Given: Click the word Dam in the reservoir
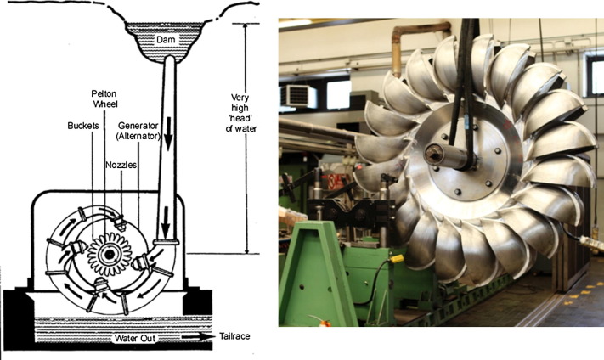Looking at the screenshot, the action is (x=166, y=39).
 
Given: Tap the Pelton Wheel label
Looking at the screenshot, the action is (x=104, y=98).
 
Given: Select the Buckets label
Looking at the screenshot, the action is (x=82, y=126).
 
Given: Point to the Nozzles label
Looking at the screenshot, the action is (x=121, y=166).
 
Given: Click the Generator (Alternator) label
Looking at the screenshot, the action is (x=138, y=131).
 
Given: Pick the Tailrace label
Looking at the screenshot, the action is (x=234, y=336).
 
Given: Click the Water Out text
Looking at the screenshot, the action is (x=135, y=339).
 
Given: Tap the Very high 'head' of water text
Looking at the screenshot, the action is (x=241, y=113).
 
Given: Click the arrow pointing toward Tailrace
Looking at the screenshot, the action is (x=198, y=337).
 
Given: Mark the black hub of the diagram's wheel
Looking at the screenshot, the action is (x=109, y=254).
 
